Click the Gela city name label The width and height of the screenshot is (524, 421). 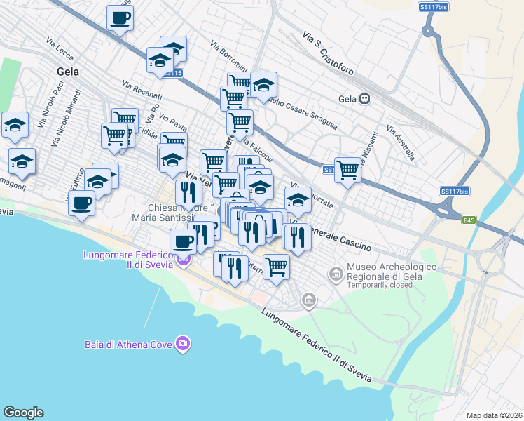67,72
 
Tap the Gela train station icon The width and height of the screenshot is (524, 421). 364,99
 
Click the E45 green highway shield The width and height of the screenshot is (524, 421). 469,220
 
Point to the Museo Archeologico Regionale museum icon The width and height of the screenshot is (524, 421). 336,272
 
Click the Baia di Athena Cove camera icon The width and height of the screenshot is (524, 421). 183,343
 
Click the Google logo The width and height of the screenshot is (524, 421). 23,413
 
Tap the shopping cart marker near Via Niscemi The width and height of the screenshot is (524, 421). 347,169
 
